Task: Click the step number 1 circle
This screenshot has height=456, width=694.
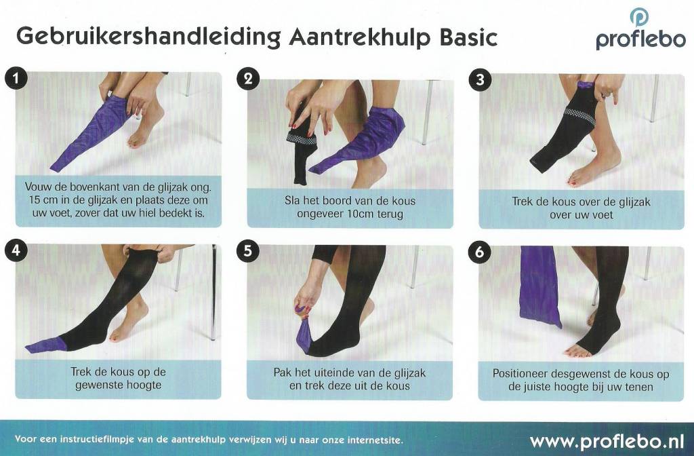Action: click(x=16, y=79)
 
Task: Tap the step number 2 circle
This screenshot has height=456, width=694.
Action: click(x=248, y=79)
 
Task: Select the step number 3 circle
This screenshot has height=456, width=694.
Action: click(x=480, y=80)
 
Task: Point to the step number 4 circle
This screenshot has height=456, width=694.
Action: click(x=16, y=250)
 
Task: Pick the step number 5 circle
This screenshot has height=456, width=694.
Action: click(x=247, y=251)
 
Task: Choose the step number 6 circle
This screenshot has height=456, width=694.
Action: click(x=479, y=252)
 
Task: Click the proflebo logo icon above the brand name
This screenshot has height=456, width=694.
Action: click(x=639, y=18)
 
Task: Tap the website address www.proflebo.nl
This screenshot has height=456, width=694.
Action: click(x=607, y=441)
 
